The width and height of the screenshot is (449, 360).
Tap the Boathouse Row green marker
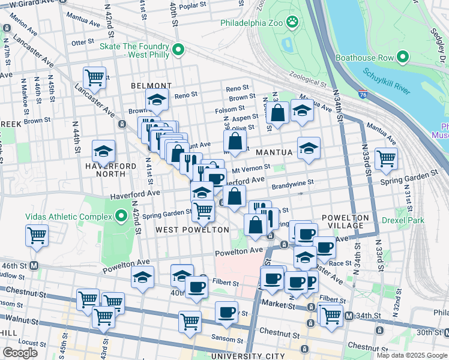[x=402, y=58]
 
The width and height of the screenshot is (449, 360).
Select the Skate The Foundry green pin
[x=177, y=50]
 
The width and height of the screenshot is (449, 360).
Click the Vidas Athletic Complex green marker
[x=121, y=216]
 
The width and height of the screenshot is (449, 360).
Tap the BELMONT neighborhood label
[x=151, y=86]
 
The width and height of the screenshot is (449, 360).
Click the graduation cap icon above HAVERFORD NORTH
[x=103, y=151]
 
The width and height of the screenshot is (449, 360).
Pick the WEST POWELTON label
[x=191, y=230]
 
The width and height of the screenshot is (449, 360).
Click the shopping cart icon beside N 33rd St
[x=386, y=158]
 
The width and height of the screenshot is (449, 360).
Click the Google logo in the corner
[x=20, y=353]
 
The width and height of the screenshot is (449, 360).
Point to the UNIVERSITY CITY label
[x=246, y=356]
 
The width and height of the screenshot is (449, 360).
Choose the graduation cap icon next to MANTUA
[x=309, y=148]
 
